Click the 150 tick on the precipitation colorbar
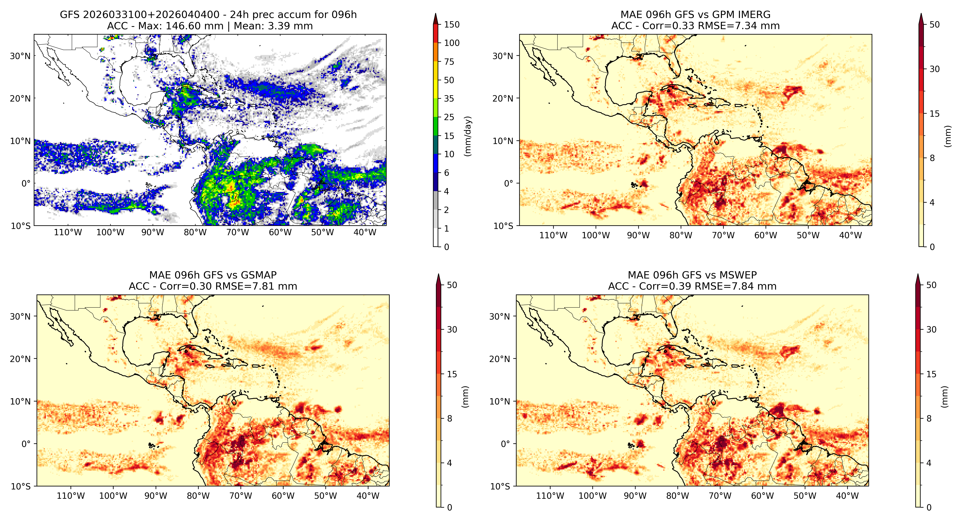(x=451, y=25)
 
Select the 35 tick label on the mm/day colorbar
(x=449, y=99)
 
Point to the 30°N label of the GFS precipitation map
(x=20, y=56)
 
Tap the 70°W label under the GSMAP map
(x=240, y=496)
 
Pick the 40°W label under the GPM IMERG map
(x=850, y=235)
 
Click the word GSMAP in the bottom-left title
(x=259, y=275)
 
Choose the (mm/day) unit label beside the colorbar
(x=467, y=136)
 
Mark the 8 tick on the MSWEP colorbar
(x=929, y=419)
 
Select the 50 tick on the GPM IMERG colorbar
(x=934, y=25)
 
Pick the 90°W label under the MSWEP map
(x=635, y=496)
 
